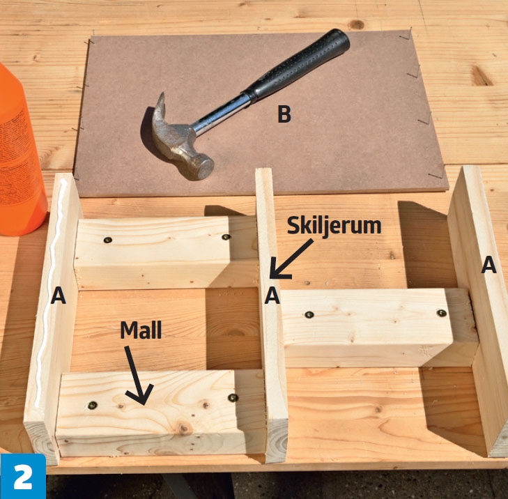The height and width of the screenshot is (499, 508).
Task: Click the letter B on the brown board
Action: (x=284, y=114)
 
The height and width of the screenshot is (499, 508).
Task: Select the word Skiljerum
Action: (x=334, y=226)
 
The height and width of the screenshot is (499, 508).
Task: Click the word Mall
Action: (x=141, y=330)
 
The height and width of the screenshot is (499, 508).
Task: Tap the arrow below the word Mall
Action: (x=139, y=376)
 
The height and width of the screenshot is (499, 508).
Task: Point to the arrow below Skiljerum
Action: (x=289, y=259)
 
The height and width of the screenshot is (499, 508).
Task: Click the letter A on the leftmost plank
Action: (x=59, y=295)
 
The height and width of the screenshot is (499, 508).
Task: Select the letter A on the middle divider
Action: (x=272, y=295)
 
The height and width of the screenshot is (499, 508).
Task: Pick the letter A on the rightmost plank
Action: (x=489, y=265)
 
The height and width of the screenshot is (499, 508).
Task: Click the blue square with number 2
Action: (x=23, y=476)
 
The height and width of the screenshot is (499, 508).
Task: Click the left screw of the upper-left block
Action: (x=108, y=240)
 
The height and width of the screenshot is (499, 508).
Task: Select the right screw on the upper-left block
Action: (x=226, y=237)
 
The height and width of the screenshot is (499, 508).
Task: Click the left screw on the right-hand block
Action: (x=309, y=314)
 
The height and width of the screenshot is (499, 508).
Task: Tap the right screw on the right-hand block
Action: (x=441, y=313)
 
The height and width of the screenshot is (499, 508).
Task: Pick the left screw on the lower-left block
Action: (x=93, y=405)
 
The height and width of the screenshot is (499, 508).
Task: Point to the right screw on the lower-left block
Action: (x=233, y=397)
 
